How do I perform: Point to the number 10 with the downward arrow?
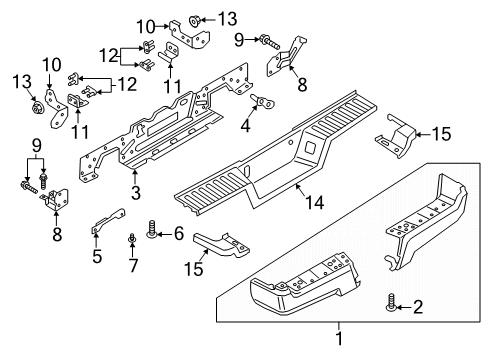pyautogui.click(x=49, y=66)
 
